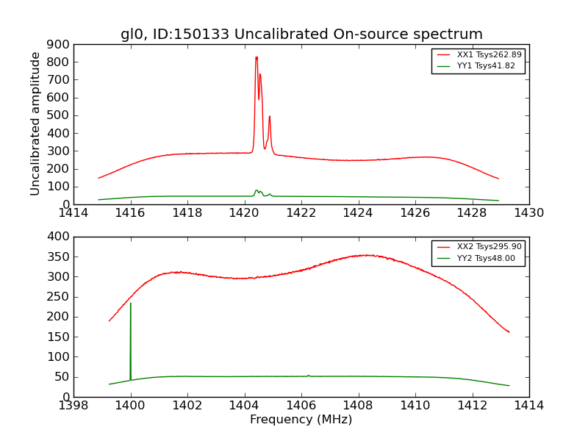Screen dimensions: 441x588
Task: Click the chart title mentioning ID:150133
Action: click(301, 35)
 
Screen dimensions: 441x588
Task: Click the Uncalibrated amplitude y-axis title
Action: click(35, 123)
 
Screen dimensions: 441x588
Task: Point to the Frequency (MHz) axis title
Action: click(301, 420)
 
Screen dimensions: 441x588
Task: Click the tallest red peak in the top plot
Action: click(256, 57)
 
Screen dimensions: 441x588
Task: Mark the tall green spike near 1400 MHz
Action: click(131, 304)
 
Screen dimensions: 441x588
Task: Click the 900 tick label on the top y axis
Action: click(60, 44)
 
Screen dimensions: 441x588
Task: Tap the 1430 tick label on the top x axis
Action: click(528, 213)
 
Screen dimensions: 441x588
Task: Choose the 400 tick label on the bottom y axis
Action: click(60, 237)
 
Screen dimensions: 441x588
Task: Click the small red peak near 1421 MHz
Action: click(270, 117)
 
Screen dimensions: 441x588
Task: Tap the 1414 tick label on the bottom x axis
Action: click(528, 406)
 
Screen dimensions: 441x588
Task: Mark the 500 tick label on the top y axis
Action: click(60, 115)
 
